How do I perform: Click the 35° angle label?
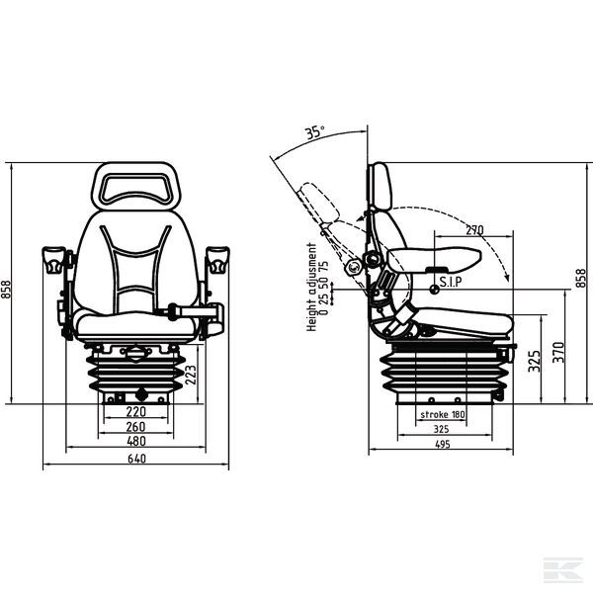[x=315, y=132]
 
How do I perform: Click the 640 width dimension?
[x=136, y=459]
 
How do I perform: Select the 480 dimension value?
[x=136, y=441]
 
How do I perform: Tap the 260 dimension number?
[x=135, y=427]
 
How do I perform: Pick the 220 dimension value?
[x=135, y=411]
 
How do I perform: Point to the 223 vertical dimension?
[x=191, y=375]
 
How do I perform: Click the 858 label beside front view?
[x=7, y=290]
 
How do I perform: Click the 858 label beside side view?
[x=580, y=278]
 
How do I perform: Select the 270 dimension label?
[x=474, y=230]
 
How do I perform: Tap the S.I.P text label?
[x=451, y=282]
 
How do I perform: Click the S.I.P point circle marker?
[x=435, y=290]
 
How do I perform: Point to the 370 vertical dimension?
[x=558, y=352]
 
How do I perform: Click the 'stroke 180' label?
[x=443, y=414]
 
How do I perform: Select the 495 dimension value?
[x=442, y=445]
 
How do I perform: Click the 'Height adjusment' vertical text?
[x=311, y=288]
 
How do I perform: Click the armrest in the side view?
[x=435, y=259]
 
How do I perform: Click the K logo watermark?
[x=562, y=569]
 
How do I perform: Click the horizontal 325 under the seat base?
[x=442, y=429]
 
